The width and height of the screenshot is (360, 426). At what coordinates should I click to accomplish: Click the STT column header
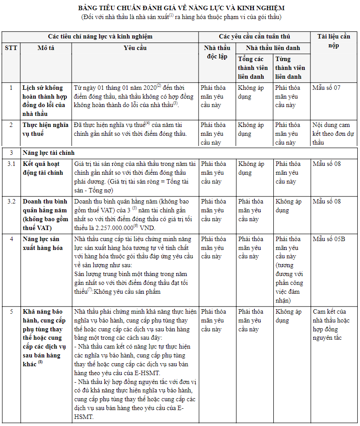pyautogui.click(x=11, y=48)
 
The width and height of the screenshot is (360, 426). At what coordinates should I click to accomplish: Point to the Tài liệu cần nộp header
pyautogui.click(x=334, y=41)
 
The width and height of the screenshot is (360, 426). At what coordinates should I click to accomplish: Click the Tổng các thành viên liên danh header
pyautogui.click(x=253, y=68)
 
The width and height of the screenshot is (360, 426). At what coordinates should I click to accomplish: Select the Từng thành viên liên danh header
pyautogui.click(x=290, y=68)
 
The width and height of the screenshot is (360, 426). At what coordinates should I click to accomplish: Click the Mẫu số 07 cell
pyautogui.click(x=326, y=88)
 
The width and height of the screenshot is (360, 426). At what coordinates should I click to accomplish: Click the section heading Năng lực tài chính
pyautogui.click(x=49, y=153)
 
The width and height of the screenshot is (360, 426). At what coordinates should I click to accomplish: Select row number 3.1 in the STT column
pyautogui.click(x=11, y=164)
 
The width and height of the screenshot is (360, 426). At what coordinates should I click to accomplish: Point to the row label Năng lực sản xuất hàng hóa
pyautogui.click(x=43, y=243)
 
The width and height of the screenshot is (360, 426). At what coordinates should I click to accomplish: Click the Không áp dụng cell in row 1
pyautogui.click(x=251, y=92)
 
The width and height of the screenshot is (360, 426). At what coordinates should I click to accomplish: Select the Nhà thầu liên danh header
pyautogui.click(x=272, y=48)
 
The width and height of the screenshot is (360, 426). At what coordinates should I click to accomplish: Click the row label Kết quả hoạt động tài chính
pyautogui.click(x=43, y=168)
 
